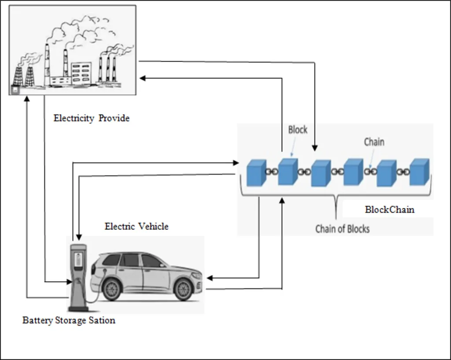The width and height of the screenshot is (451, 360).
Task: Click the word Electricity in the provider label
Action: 74,118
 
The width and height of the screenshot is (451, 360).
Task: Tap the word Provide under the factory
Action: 114,118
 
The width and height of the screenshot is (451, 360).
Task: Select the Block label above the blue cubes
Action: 298,129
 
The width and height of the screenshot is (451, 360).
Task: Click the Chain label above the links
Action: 374,142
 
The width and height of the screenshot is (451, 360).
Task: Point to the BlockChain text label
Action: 390,209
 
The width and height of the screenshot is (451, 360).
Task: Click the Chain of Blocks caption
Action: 342,229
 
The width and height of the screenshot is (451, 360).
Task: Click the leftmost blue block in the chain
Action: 257,173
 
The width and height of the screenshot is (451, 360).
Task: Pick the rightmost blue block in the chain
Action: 419,172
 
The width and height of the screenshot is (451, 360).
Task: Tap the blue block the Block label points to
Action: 288,172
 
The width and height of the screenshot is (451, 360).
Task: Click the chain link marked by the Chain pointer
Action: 370,172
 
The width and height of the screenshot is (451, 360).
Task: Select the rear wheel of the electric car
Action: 111,290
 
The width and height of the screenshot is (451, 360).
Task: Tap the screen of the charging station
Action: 78,260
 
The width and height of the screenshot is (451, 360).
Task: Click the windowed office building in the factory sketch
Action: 81,73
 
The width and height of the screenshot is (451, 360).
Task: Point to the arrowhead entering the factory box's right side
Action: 142,78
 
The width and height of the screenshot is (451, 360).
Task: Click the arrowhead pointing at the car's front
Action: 210,278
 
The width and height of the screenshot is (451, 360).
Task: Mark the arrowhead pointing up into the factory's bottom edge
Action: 27,98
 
